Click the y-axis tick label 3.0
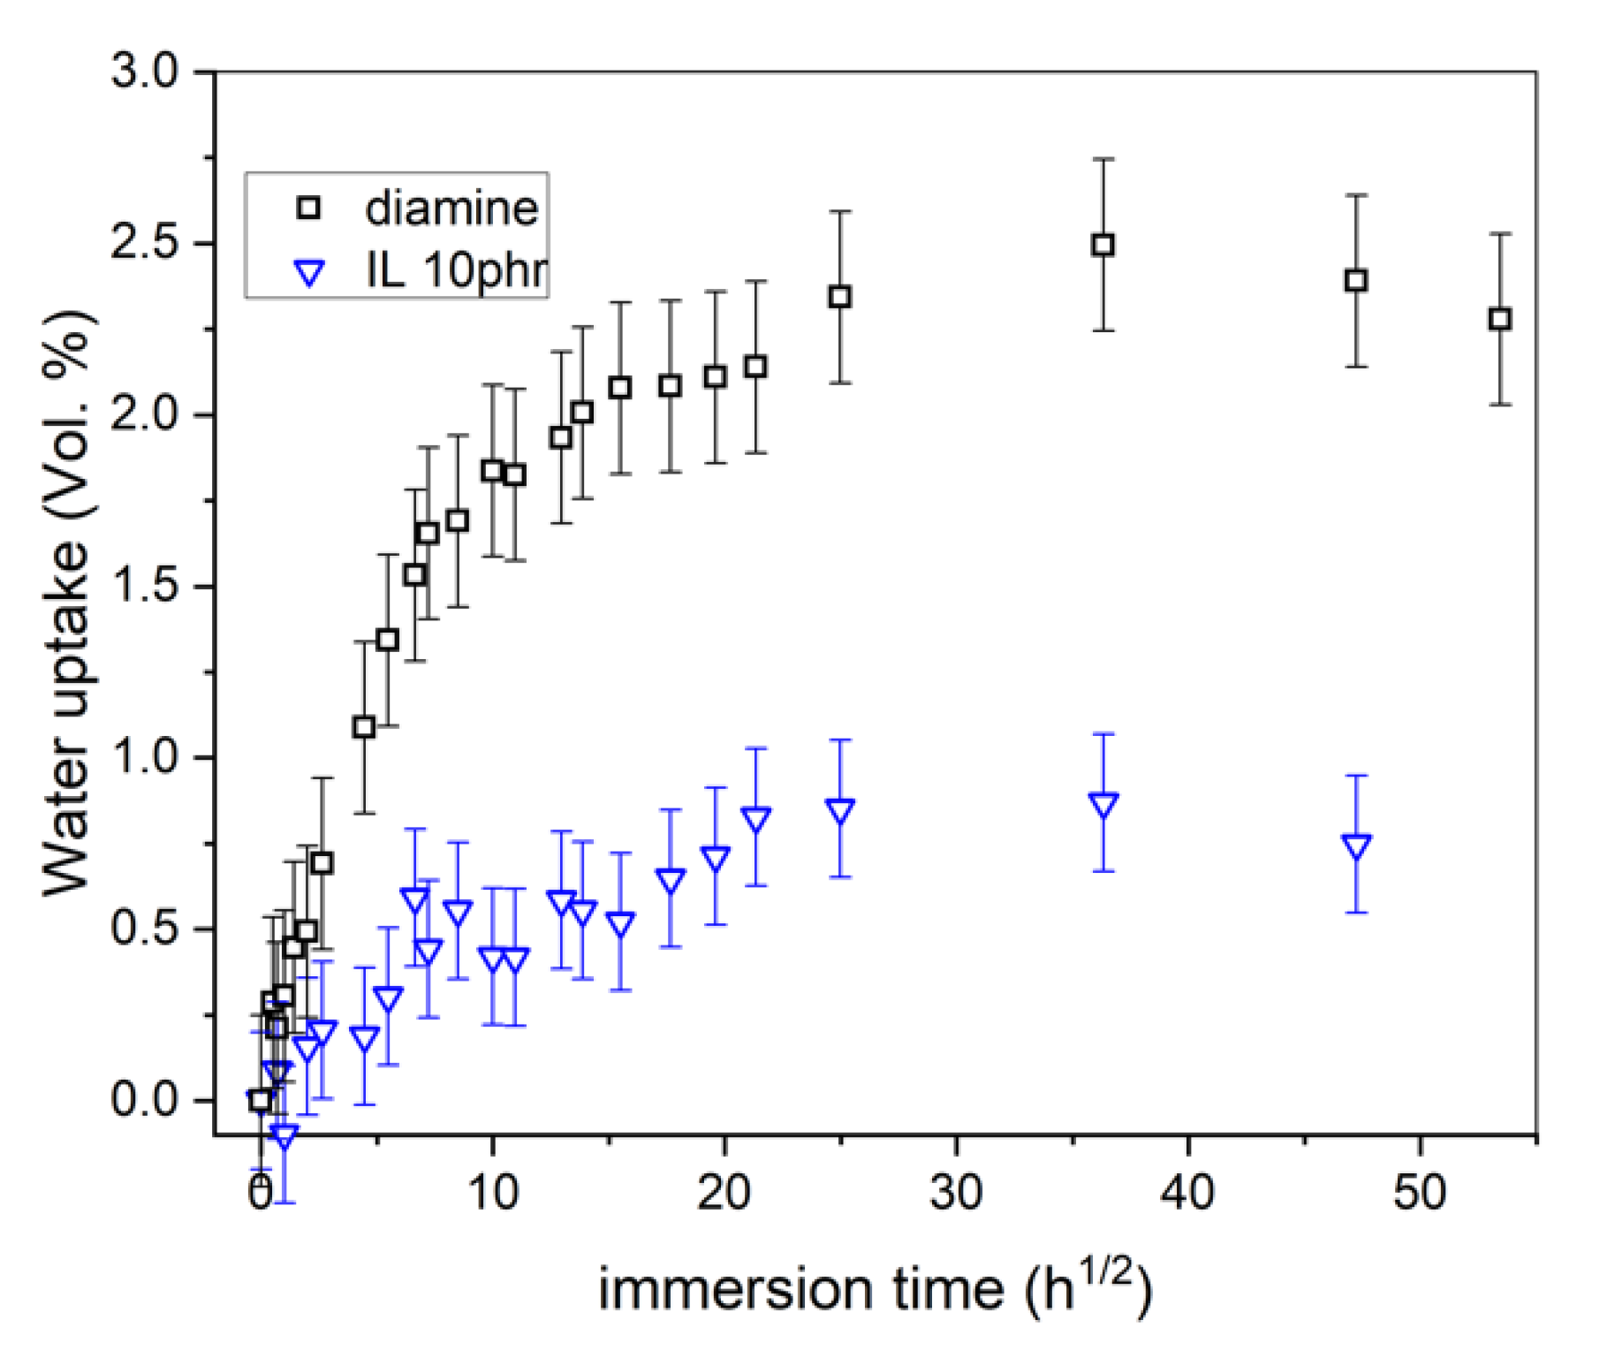point(145,71)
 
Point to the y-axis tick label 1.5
point(145,587)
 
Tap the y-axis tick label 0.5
point(145,929)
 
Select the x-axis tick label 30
point(956,1193)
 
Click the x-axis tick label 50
point(1420,1193)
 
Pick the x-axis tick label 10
point(492,1193)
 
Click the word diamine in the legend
point(451,209)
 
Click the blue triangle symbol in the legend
point(309,273)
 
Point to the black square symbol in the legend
point(309,209)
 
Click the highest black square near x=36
point(1103,245)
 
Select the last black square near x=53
point(1499,319)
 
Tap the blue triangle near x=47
point(1356,846)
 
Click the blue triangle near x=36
point(1103,804)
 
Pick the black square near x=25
point(839,297)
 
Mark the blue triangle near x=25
point(840,809)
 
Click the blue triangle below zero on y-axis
point(284,1136)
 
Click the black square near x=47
point(1356,281)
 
